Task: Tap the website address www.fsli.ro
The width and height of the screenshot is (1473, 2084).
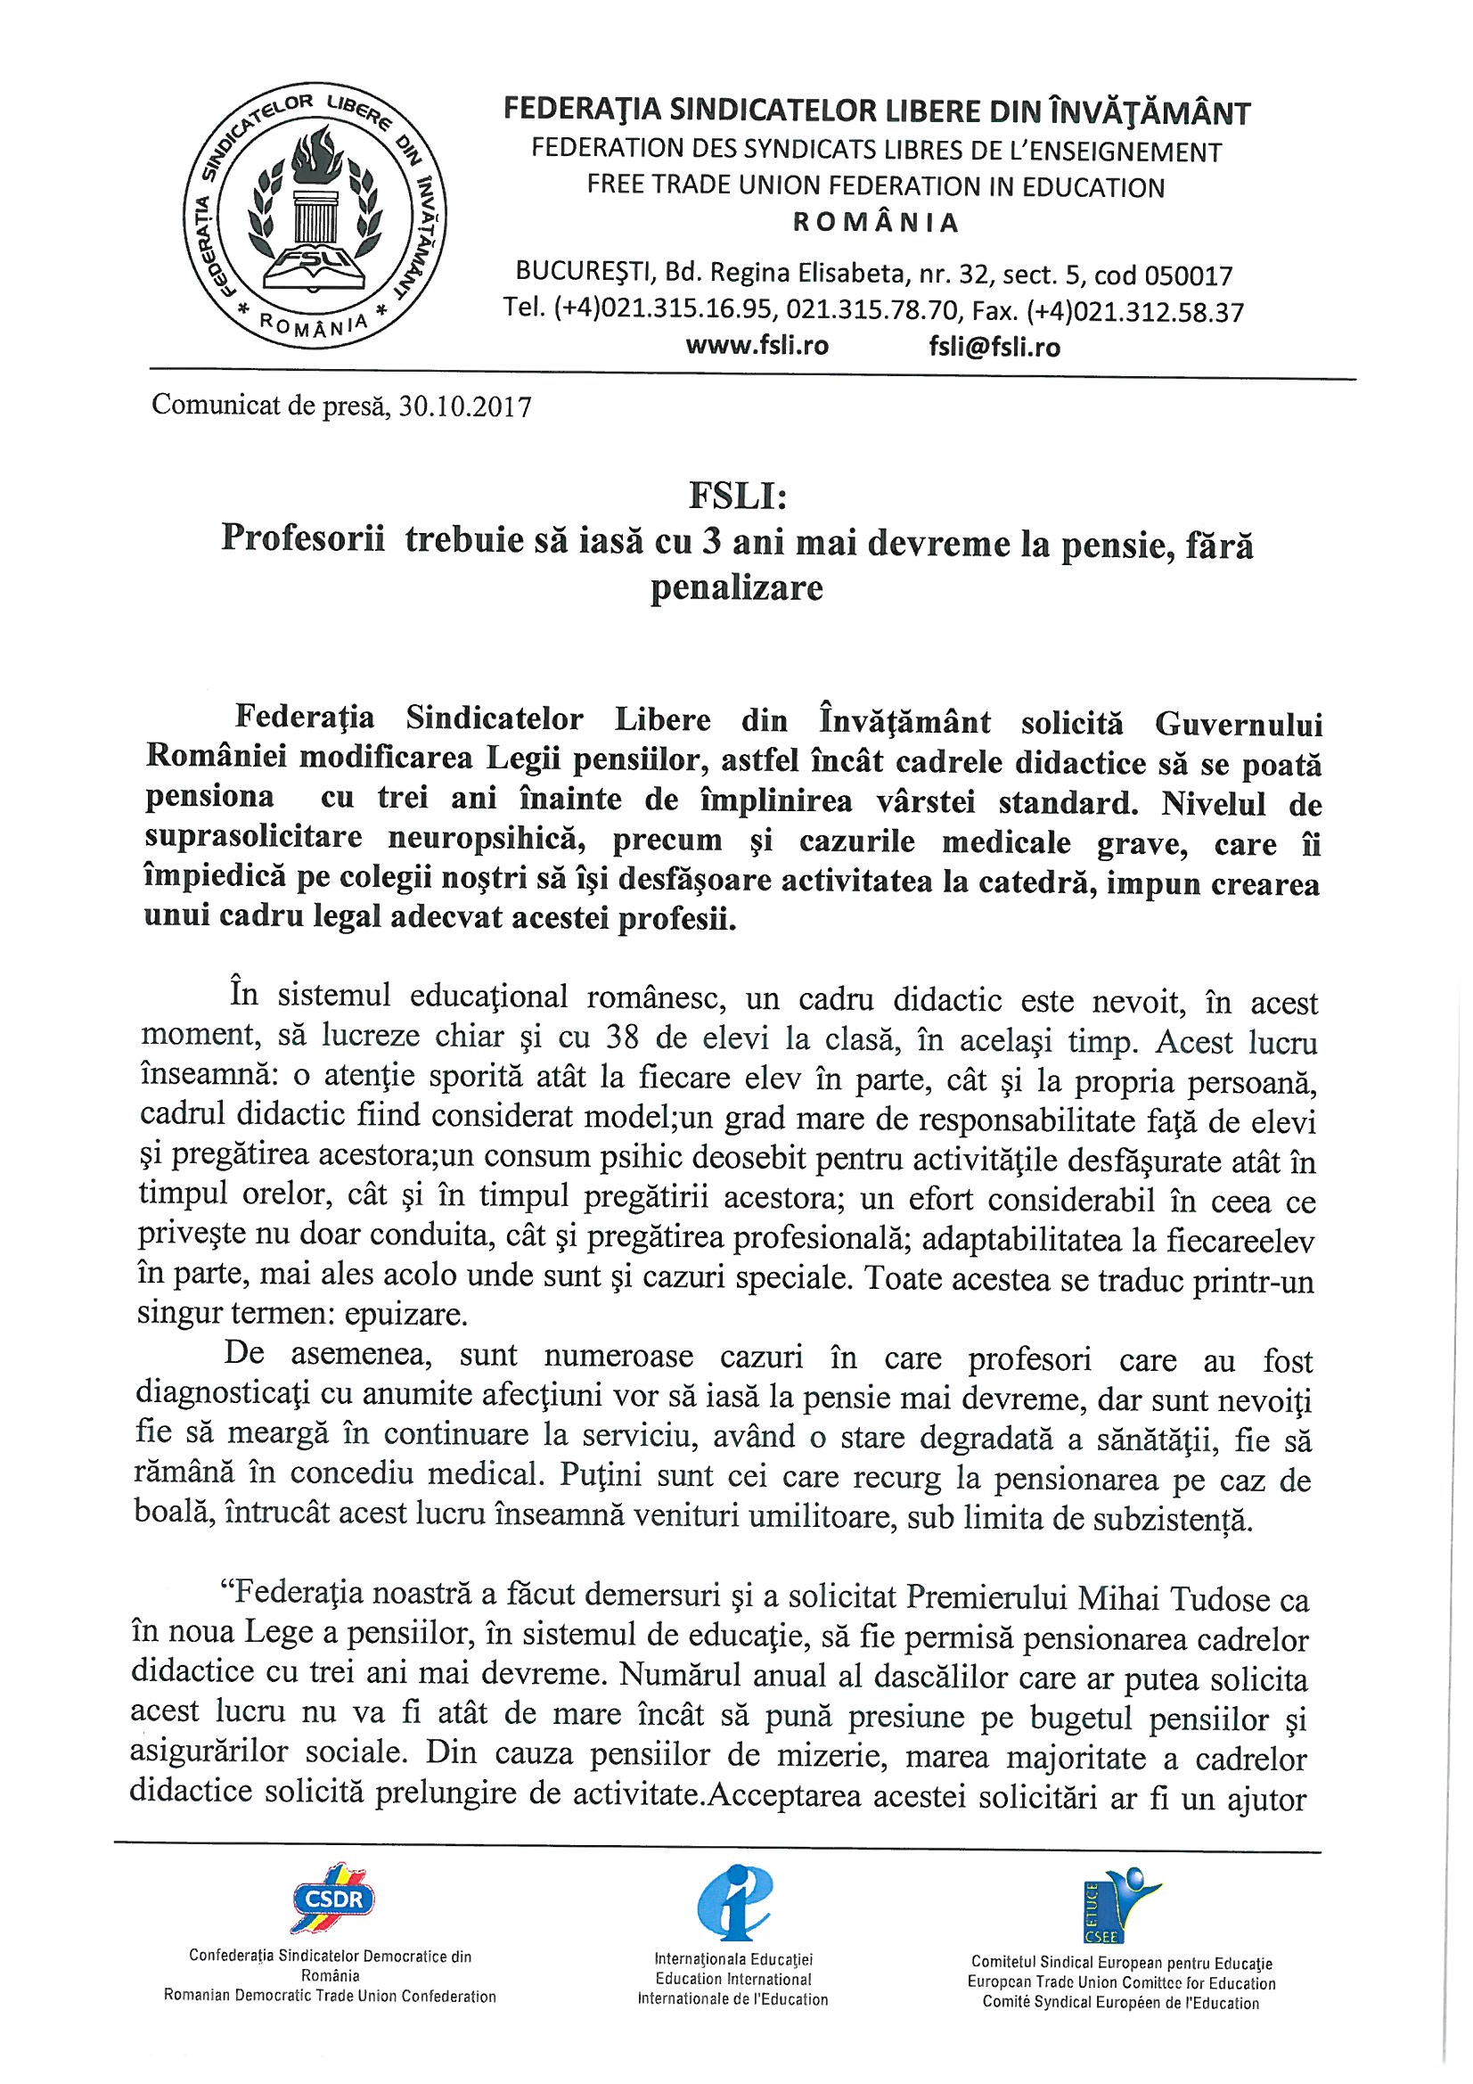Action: tap(757, 347)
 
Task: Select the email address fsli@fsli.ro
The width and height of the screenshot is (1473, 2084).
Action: tap(989, 347)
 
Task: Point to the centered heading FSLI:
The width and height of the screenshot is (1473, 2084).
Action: tap(736, 499)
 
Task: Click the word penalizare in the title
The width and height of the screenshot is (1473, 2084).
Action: tap(736, 588)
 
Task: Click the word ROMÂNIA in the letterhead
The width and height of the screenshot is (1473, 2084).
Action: tap(876, 223)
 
